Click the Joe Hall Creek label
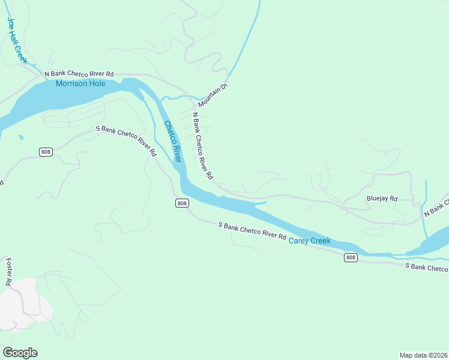pyautogui.click(x=17, y=41)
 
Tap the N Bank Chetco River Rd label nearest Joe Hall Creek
pyautogui.click(x=79, y=73)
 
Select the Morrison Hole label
pyautogui.click(x=80, y=84)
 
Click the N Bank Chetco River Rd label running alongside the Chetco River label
pyautogui.click(x=202, y=146)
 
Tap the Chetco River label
pyautogui.click(x=172, y=142)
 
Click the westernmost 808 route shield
pyautogui.click(x=46, y=152)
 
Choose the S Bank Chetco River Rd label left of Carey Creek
pyautogui.click(x=252, y=231)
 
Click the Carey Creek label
pyautogui.click(x=310, y=241)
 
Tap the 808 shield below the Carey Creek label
pyautogui.click(x=351, y=257)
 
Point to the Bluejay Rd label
pyautogui.click(x=382, y=199)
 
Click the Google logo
pyautogui.click(x=20, y=352)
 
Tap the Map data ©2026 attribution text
pyautogui.click(x=423, y=355)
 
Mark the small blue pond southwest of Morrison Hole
pyautogui.click(x=21, y=137)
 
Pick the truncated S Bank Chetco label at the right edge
pyautogui.click(x=426, y=266)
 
